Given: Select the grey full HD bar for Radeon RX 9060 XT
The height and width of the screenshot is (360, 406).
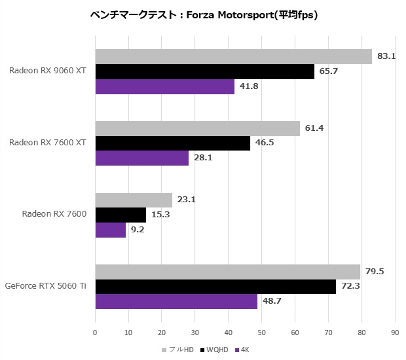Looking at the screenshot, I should pos(234,56).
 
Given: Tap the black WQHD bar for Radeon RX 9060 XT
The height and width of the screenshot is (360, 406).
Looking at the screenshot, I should pos(205,71).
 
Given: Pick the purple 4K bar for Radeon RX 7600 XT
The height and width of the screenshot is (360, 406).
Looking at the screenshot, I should pos(142,158).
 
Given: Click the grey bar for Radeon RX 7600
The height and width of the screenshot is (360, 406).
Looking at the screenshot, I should pos(134,200).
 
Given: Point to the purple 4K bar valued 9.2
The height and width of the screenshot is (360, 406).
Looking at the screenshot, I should pos(111,230).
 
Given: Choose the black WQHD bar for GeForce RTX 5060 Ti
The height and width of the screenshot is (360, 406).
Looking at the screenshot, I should pos(215,286).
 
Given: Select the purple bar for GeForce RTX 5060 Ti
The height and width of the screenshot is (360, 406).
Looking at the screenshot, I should pos(176,301).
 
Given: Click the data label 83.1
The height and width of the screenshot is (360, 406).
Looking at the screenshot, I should pos(386,56).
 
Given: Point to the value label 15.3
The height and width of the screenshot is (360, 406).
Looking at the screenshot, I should pos(160,215).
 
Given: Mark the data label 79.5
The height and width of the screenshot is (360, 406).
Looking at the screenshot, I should pos(375,271).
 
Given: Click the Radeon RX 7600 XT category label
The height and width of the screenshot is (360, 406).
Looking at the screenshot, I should pos(48,142).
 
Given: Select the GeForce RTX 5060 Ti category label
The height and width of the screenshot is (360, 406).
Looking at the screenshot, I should pos(46,286).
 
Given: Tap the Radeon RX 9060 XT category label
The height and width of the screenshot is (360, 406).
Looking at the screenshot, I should pos(48,71).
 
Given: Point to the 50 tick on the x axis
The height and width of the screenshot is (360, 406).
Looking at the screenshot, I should pos(261,333).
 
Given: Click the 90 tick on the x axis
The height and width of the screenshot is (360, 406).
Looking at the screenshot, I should pos(394,333).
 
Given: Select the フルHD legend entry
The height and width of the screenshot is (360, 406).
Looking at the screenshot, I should pos(180,350).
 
